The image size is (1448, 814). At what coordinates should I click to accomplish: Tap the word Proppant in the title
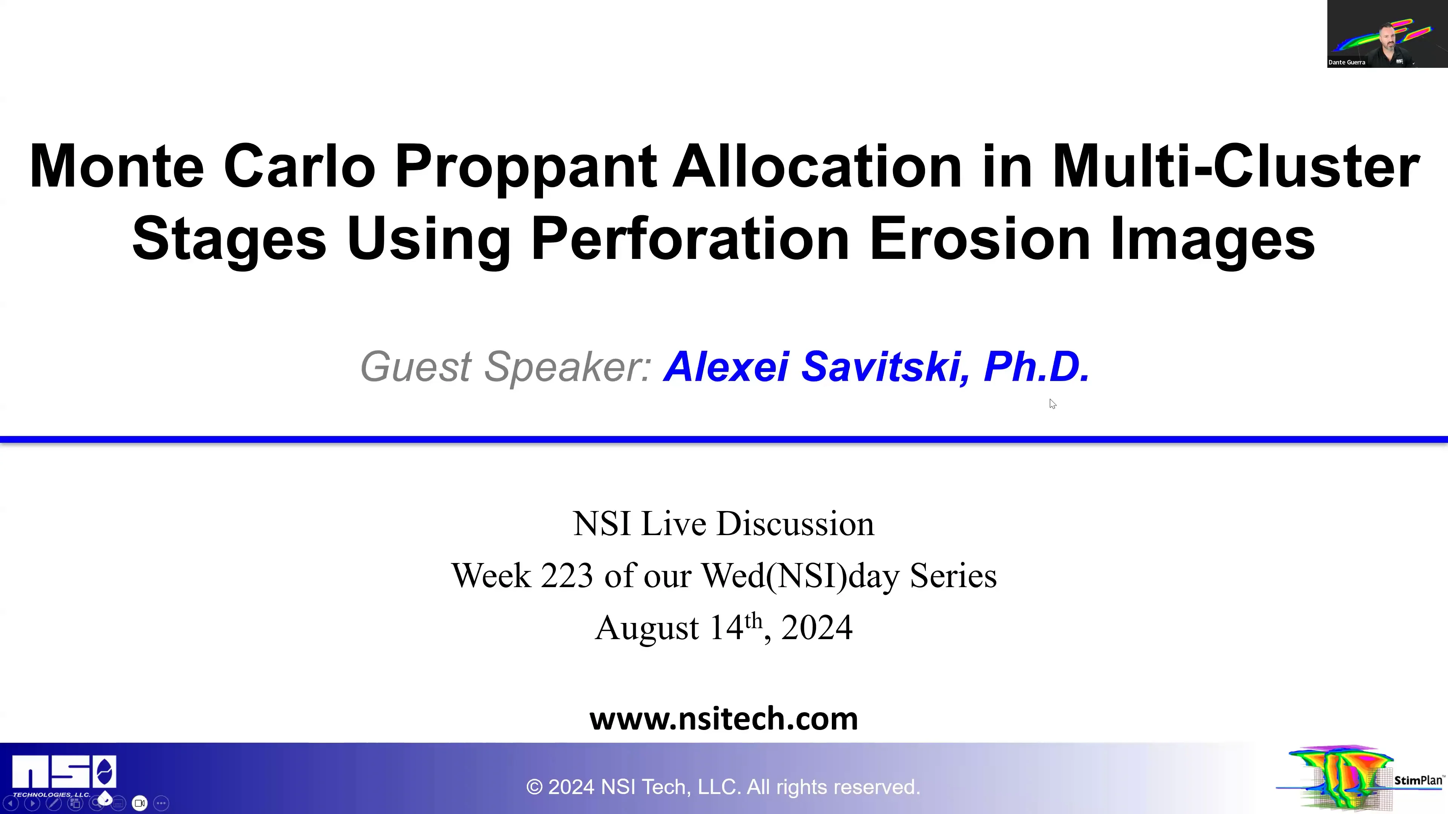tap(526, 167)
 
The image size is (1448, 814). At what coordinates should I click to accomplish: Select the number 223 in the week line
tap(567, 576)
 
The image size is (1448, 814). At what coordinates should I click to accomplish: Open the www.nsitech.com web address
tap(724, 719)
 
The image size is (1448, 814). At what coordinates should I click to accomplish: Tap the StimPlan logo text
tap(1418, 780)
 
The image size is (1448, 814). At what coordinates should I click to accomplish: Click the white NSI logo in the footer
tap(63, 773)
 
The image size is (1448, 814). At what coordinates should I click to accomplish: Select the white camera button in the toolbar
tap(140, 803)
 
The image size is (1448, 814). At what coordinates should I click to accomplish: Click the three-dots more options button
tap(161, 803)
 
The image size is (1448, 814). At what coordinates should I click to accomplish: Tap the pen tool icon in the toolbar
tap(54, 803)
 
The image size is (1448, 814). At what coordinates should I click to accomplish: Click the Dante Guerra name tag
tap(1347, 62)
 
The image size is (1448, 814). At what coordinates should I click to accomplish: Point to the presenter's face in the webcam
tap(1387, 37)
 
